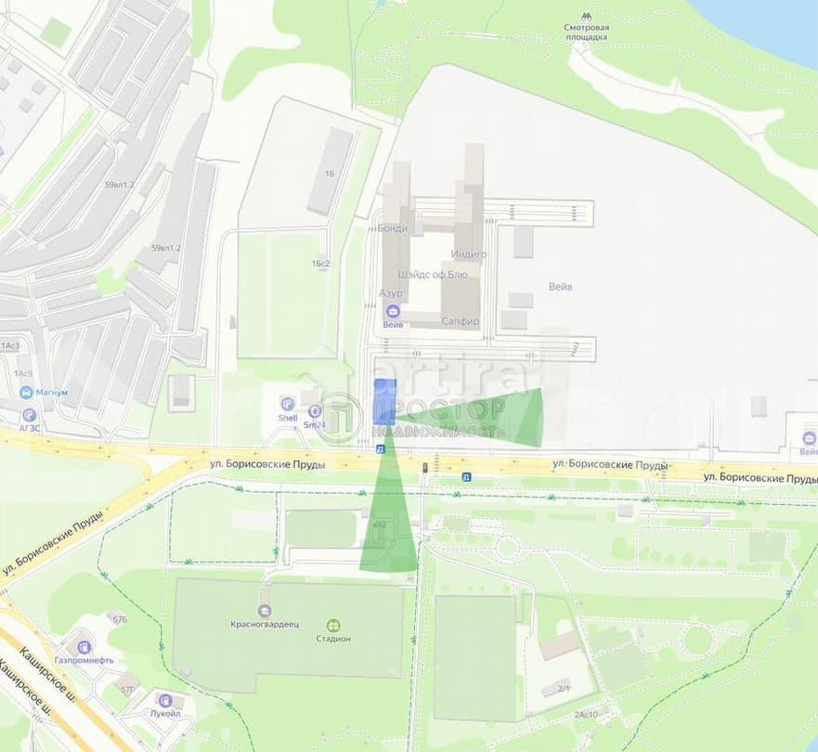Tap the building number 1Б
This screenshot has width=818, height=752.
330,174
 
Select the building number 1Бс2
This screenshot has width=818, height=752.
321,264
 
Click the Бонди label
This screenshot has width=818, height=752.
393,227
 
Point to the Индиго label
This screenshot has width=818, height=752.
469,253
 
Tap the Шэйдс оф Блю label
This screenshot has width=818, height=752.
438,275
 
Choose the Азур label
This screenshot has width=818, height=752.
391,293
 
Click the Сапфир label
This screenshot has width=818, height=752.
461,321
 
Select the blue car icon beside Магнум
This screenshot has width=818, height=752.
26,393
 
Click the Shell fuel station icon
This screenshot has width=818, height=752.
288,404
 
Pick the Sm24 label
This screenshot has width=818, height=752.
316,424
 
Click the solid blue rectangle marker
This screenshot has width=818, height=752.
384,402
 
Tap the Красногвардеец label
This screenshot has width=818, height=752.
265,626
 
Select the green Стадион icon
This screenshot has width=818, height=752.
332,625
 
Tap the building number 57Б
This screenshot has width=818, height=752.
119,618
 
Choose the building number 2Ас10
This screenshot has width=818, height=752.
586,714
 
